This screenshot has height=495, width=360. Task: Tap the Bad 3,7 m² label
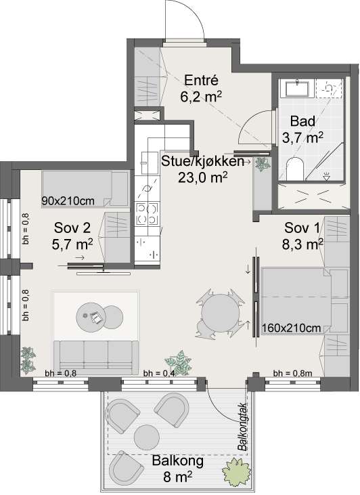(x=302, y=130)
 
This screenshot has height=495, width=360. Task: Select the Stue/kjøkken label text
(x=202, y=161)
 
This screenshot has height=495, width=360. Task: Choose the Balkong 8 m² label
(x=178, y=469)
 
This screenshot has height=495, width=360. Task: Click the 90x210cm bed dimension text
(x=68, y=201)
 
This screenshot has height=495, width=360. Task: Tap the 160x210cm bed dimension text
(x=291, y=328)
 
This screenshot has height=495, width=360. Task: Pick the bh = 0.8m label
(x=293, y=374)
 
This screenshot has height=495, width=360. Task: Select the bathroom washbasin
(x=297, y=88)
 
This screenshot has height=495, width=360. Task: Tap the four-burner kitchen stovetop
(x=147, y=214)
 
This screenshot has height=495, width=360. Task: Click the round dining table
(x=220, y=313)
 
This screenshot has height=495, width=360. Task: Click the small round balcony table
(x=146, y=437)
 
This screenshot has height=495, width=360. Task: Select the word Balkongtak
(x=243, y=427)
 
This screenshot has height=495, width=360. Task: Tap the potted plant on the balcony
(x=236, y=472)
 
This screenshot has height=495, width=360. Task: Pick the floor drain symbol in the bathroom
(x=326, y=177)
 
